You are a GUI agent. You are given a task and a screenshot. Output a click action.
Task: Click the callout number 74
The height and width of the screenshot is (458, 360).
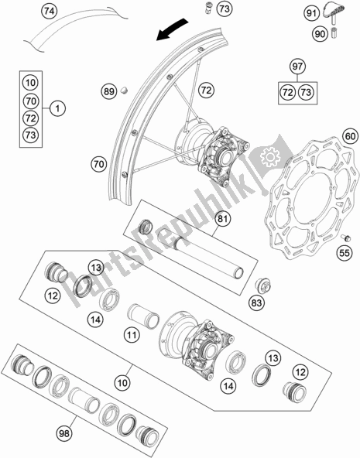(x=49, y=11)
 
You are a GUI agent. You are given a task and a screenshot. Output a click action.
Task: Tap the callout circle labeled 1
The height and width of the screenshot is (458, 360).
(x=57, y=110)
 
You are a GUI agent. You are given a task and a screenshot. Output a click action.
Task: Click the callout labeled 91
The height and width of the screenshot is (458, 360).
(x=310, y=13)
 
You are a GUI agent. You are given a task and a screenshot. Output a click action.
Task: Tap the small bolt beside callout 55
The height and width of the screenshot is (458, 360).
(x=342, y=238)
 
